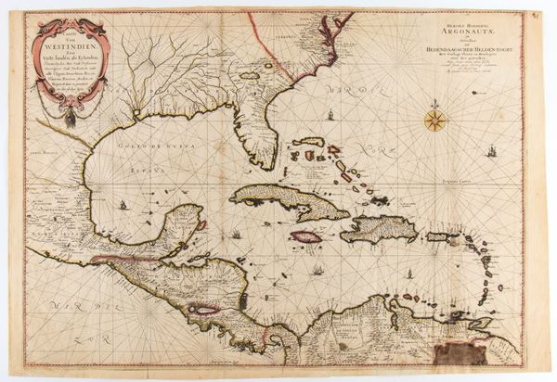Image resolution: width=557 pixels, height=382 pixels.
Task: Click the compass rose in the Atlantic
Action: [x=434, y=119]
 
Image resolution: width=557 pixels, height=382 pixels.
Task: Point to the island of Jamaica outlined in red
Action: [x=305, y=236]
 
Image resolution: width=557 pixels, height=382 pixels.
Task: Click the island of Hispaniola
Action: [x=379, y=228]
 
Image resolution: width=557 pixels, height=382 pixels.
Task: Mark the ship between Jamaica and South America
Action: [x=317, y=272]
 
